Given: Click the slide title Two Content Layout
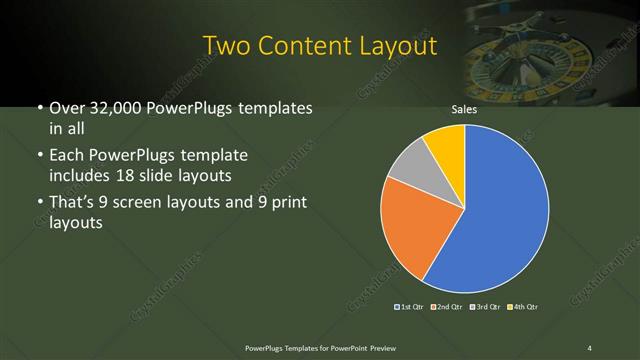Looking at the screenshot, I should pyautogui.click(x=319, y=46).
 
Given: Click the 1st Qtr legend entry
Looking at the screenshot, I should pyautogui.click(x=411, y=306).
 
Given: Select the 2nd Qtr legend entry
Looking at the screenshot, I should pyautogui.click(x=446, y=306).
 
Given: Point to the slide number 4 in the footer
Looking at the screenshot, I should pyautogui.click(x=590, y=347).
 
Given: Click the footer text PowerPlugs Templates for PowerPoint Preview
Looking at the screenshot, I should pyautogui.click(x=319, y=347).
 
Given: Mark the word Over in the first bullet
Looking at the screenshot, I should pyautogui.click(x=67, y=107).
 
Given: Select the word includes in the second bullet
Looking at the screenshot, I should pyautogui.click(x=81, y=176).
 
